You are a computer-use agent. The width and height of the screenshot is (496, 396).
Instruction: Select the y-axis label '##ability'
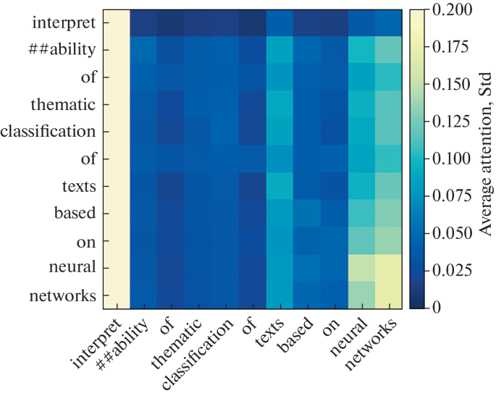(64, 50)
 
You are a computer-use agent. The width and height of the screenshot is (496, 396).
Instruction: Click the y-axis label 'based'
(76, 214)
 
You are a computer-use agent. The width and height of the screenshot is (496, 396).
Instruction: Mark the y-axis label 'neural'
(75, 268)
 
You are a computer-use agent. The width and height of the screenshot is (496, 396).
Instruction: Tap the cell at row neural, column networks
(390, 268)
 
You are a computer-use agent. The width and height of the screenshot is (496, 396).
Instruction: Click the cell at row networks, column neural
(362, 295)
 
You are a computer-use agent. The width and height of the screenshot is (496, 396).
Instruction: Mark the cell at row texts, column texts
(280, 186)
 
